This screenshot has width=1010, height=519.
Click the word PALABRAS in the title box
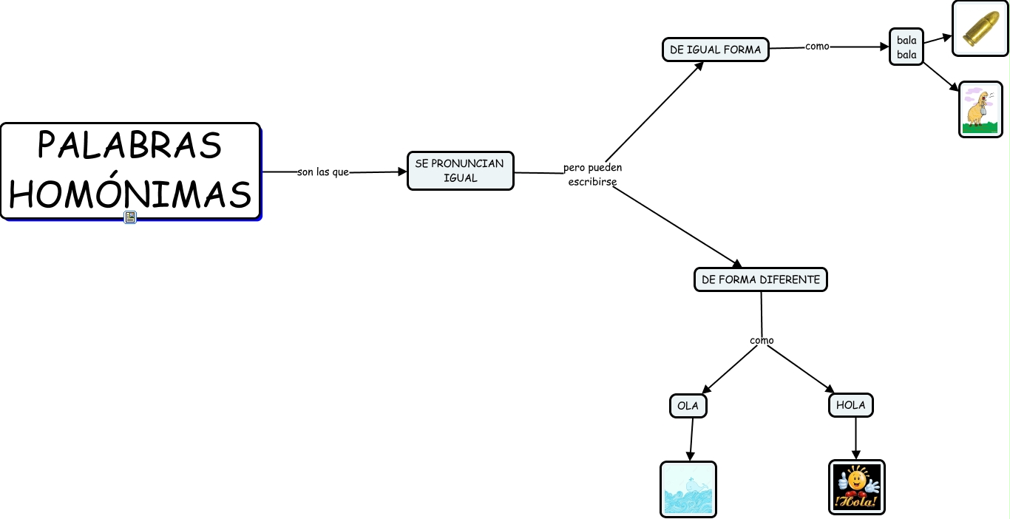coord(130,145)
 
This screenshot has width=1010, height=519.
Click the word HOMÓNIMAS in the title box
coord(130,194)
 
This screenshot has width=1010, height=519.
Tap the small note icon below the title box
coord(130,217)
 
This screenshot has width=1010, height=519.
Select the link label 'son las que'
coord(322,172)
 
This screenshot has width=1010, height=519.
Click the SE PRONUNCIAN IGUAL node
coord(460,171)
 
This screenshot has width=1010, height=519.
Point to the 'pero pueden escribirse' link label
coord(592,174)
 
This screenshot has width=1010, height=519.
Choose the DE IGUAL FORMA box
coord(715,50)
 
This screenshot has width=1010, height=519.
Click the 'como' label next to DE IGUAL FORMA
coord(817,46)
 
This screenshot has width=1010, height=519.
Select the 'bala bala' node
coord(906,47)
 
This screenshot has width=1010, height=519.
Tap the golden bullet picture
coord(980,28)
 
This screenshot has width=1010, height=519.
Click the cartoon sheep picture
coord(980,109)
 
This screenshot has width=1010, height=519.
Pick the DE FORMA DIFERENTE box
coord(760,279)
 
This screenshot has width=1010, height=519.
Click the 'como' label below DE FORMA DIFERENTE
coord(762,341)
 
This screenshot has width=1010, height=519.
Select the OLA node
coord(688,406)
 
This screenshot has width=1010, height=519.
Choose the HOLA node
coord(851,405)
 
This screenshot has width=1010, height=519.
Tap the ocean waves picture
coord(688,489)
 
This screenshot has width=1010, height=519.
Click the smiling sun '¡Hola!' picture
coord(856,486)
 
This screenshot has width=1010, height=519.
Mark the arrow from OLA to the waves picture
coord(691,440)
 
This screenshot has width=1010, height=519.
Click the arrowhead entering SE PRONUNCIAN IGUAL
coord(402,172)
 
